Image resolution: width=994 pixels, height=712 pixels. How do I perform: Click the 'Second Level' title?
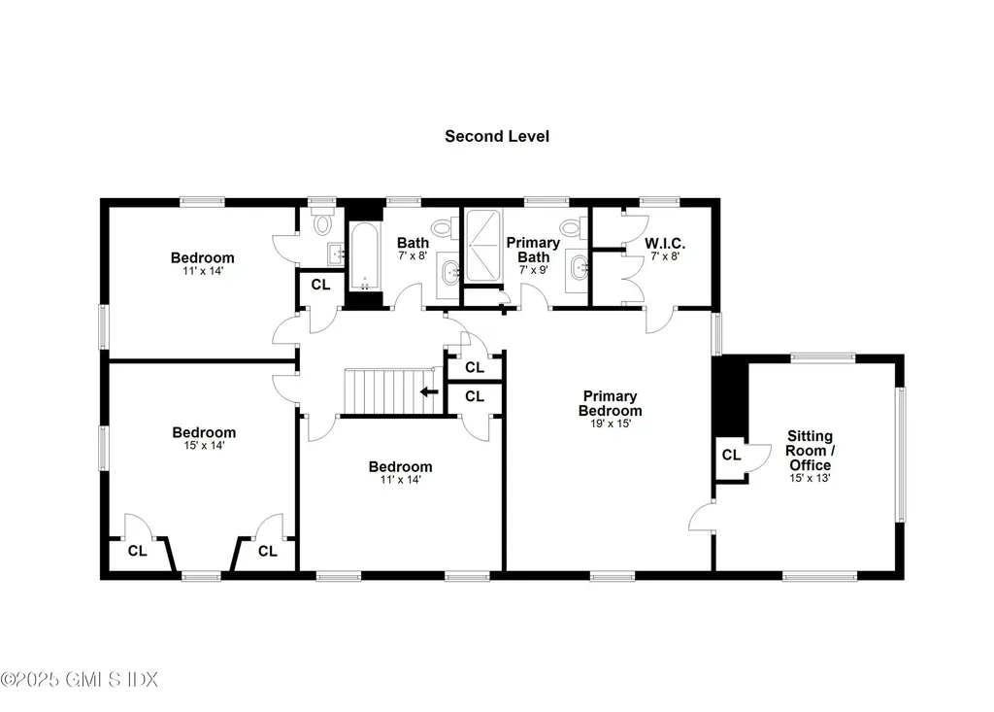pos(497,136)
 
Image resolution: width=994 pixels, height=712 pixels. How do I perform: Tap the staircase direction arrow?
pos(427,392)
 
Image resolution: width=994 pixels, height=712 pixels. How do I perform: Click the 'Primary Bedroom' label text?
pos(610,403)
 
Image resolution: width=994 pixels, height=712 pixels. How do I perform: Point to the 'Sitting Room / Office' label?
pos(810,451)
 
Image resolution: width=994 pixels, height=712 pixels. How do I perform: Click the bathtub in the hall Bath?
pos(364,257)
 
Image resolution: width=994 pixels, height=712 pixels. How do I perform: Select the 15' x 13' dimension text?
pos(810,478)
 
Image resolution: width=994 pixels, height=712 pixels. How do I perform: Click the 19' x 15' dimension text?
pos(610,424)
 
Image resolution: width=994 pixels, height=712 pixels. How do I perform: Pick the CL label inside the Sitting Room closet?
pos(731,455)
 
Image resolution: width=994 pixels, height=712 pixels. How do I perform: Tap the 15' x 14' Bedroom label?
pos(204,433)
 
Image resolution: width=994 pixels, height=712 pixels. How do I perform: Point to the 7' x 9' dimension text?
pos(533,270)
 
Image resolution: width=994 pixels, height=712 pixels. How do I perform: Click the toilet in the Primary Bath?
pos(572,228)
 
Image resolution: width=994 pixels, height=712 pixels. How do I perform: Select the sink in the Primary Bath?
pos(580,265)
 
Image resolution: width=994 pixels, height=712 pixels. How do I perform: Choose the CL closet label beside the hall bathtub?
pos(320,286)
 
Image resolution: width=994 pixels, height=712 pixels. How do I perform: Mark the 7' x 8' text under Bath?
pos(413,256)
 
